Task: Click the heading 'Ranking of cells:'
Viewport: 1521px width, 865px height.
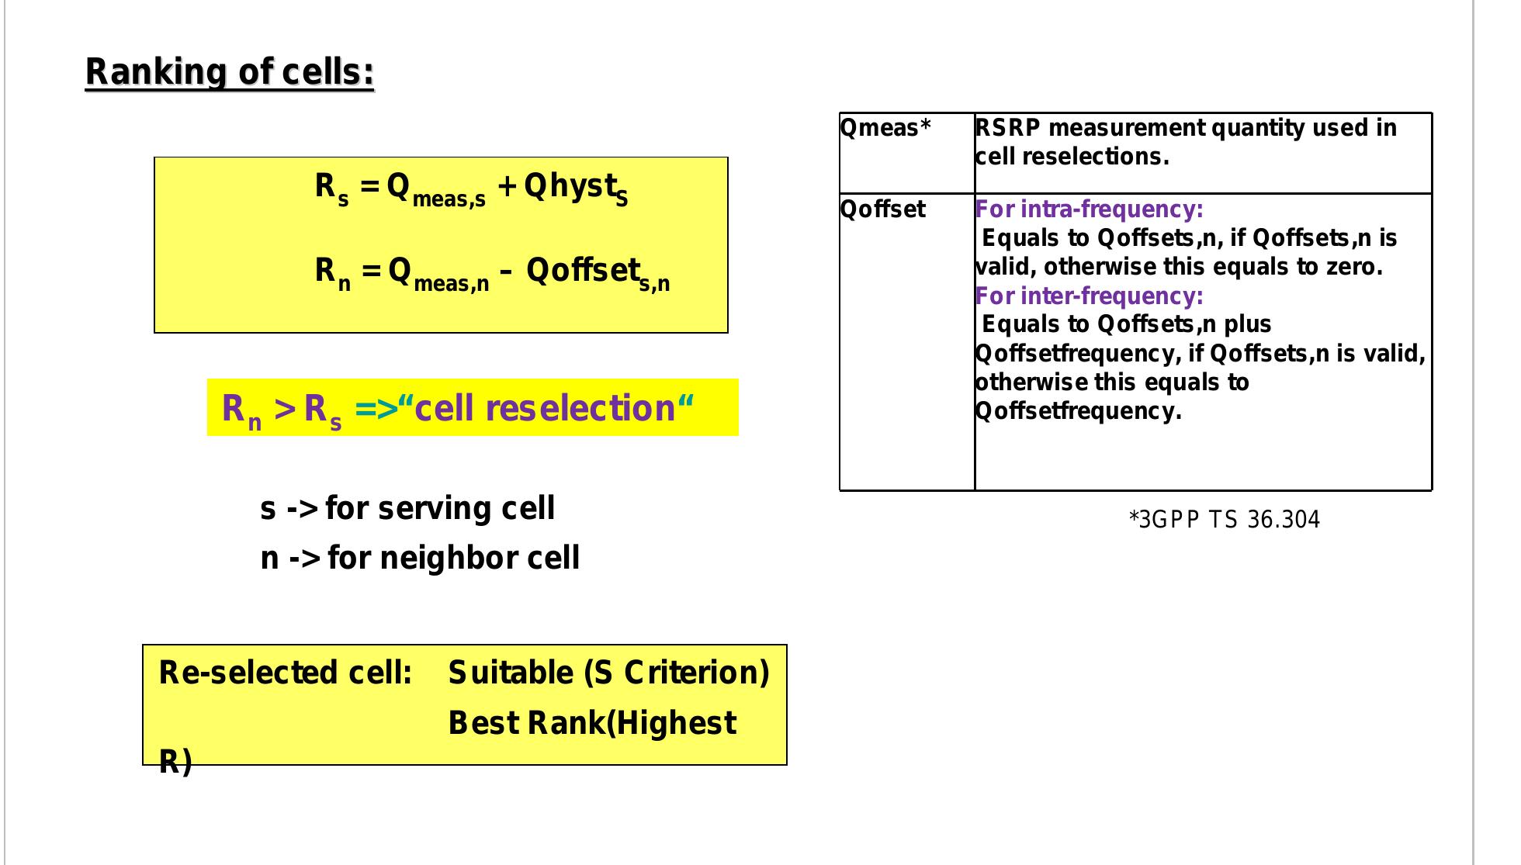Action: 230,72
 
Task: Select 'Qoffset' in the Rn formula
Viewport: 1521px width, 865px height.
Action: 583,271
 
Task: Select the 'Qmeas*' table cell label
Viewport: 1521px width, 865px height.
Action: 885,128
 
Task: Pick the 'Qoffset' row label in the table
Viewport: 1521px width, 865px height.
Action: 883,209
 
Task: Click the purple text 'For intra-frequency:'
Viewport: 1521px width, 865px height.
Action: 1089,209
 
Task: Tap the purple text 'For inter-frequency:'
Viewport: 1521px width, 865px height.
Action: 1089,296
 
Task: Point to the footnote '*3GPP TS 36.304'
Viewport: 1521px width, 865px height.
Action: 1224,520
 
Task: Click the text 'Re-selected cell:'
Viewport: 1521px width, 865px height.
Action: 285,673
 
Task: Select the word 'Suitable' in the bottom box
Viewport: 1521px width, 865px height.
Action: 511,673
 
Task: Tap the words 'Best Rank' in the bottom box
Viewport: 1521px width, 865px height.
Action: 525,723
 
